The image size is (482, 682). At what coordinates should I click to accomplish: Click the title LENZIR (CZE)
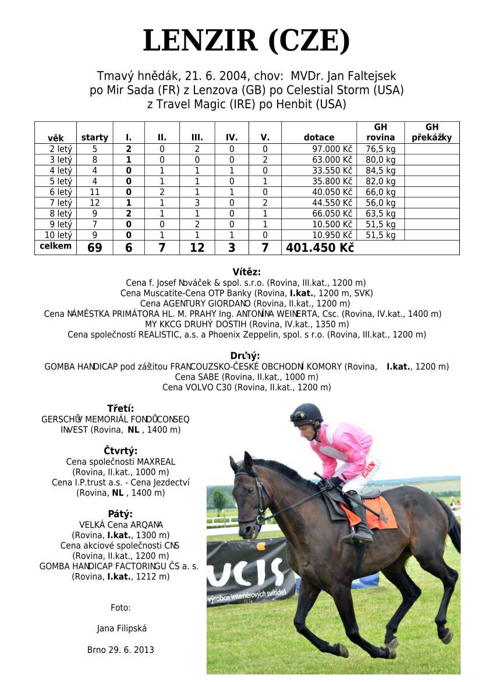click(246, 41)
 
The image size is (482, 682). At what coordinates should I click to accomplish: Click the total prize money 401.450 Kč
click(319, 248)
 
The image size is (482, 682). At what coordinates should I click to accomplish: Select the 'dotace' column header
click(319, 137)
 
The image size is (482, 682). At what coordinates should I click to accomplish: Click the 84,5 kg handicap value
click(380, 171)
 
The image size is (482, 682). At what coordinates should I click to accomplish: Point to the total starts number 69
click(94, 248)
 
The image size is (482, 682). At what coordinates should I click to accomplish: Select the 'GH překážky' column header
click(431, 132)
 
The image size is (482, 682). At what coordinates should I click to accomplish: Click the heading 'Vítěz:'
click(246, 271)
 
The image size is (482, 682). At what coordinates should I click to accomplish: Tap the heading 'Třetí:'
click(120, 408)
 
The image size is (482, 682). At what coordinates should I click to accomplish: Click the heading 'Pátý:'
click(120, 514)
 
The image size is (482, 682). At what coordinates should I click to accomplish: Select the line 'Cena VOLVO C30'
click(246, 387)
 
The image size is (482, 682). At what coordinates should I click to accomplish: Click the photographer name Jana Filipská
click(121, 628)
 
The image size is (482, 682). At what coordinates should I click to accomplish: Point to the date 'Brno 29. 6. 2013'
click(120, 649)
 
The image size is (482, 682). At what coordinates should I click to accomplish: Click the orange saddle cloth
click(373, 511)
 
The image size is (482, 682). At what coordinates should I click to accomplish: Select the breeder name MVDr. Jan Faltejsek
click(343, 76)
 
